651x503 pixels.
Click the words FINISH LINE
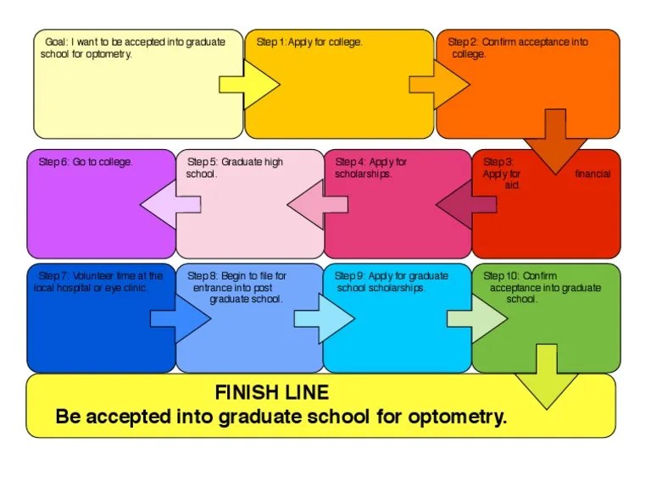(x=271, y=393)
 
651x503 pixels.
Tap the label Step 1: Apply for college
(x=309, y=42)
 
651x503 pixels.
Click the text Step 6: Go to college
(x=86, y=162)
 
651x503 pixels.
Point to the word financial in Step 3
(x=593, y=174)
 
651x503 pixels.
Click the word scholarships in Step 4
(x=363, y=174)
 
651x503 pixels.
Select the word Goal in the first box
(x=55, y=42)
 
